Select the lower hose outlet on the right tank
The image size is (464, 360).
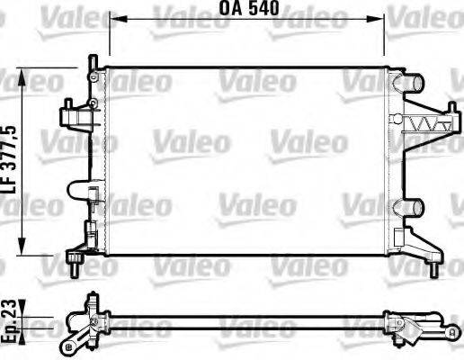point(415,208)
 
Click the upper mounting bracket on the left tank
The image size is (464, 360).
point(76,115)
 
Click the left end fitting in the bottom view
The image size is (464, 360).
point(85,323)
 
